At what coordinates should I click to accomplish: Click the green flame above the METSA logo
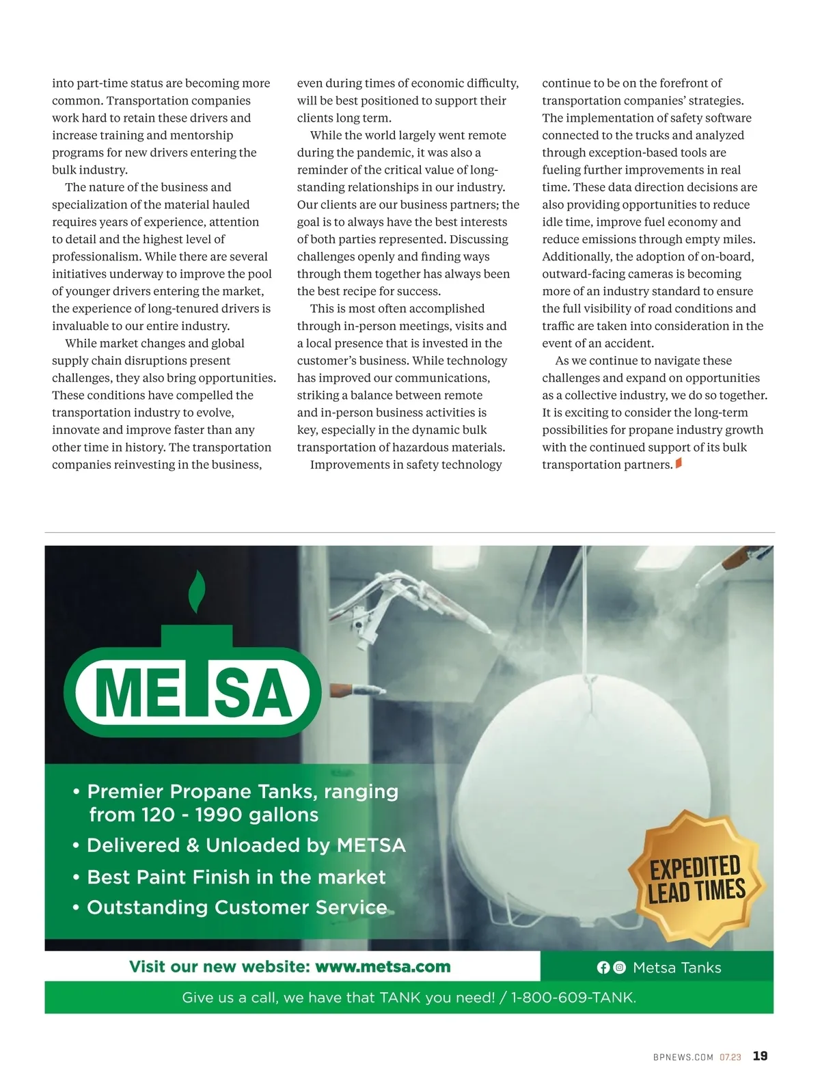point(197,591)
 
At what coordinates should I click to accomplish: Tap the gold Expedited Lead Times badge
point(696,878)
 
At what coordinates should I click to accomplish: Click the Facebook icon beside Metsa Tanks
point(603,968)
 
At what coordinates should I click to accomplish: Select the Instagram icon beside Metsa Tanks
point(620,968)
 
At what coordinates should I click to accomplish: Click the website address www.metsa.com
point(383,967)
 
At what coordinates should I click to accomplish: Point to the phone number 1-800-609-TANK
point(573,998)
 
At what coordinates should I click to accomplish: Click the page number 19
point(760,1056)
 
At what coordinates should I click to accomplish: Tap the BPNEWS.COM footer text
point(683,1057)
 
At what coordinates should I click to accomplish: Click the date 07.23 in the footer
point(730,1057)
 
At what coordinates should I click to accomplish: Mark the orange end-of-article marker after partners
point(679,464)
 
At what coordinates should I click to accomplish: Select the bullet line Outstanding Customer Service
point(236,907)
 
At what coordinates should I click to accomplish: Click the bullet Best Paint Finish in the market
point(236,877)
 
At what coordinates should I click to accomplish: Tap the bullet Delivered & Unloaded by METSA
point(246,846)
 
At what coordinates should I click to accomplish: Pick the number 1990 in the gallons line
point(219,815)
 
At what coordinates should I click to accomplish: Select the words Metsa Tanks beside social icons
point(676,968)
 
